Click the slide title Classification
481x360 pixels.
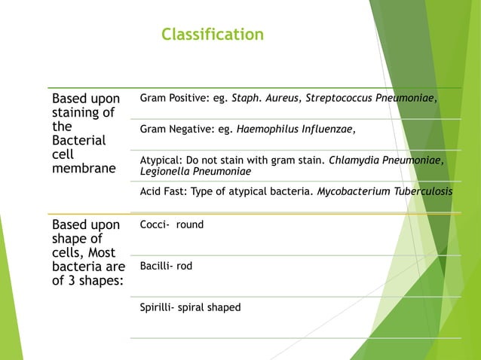tap(213, 35)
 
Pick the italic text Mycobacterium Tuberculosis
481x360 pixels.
tap(384, 192)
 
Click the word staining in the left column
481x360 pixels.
tap(82, 113)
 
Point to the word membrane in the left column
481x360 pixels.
tap(83, 169)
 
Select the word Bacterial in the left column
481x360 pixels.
tap(78, 141)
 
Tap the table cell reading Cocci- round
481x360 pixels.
tap(172, 224)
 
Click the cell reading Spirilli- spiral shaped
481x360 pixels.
tap(190, 307)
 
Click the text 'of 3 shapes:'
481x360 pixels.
tap(85, 281)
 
